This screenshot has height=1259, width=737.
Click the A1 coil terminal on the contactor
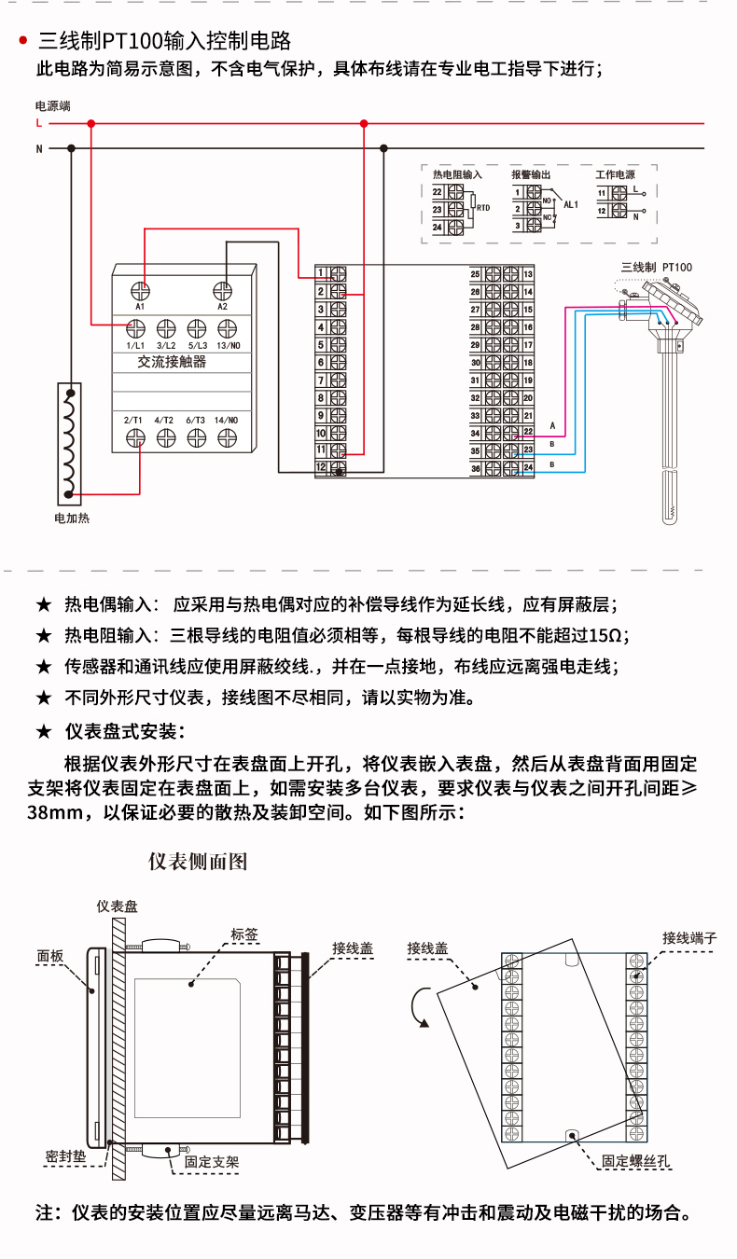[140, 290]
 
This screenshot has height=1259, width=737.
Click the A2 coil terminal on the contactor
[223, 290]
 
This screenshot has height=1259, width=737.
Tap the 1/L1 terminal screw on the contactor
[135, 327]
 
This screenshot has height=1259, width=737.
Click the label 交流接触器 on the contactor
[172, 362]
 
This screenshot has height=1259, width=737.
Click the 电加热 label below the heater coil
[72, 518]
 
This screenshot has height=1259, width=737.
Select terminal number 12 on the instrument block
[321, 466]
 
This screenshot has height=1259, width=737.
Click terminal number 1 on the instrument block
[321, 273]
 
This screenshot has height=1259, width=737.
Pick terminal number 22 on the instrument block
[528, 432]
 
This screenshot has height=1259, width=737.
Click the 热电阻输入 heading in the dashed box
[457, 174]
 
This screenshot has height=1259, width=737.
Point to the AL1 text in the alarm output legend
[572, 204]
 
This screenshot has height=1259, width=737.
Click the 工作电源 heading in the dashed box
[615, 174]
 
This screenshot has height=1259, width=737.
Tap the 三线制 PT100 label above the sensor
[657, 267]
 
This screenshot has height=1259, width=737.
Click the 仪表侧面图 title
[199, 861]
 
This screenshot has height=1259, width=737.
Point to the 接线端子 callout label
[689, 937]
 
